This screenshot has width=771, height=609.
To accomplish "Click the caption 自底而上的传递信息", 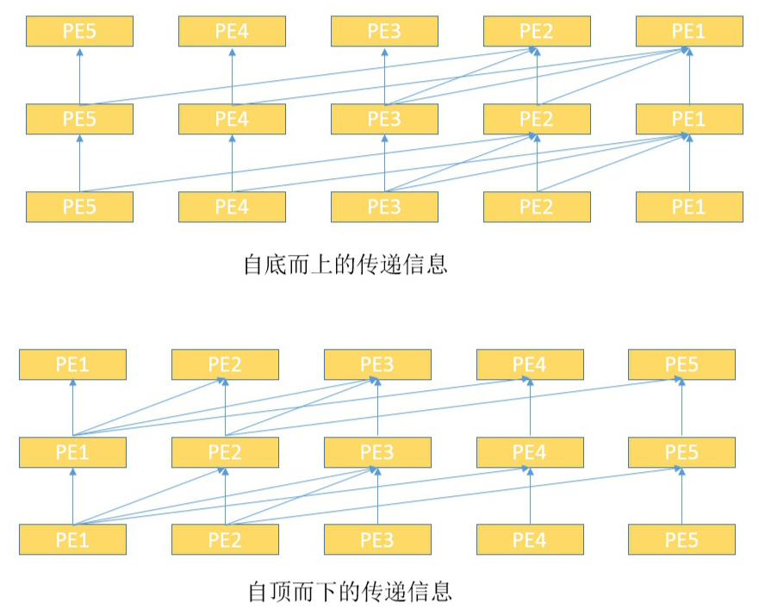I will pos(345,264).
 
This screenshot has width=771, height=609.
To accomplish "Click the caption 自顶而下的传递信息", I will pos(349,592).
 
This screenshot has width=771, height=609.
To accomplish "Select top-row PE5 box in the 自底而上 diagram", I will pos(79,32).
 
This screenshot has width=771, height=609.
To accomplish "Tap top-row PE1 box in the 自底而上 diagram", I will pos(688,32).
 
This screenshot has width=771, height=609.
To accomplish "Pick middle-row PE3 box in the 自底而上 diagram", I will pos(384,119).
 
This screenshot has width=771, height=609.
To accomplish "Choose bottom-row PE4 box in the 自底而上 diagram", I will pos(232,207).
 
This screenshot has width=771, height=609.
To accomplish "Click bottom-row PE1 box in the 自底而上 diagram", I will pos(688,207).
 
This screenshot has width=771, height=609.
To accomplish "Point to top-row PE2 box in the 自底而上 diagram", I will pos(537,32).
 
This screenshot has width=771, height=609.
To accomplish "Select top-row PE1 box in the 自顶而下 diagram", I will pos(72,364).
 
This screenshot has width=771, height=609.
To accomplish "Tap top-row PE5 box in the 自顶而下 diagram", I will pos(681,364).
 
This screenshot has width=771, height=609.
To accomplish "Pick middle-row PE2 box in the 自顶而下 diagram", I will pos(225,452).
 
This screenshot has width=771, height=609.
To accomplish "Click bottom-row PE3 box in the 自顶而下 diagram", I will pos(377,539).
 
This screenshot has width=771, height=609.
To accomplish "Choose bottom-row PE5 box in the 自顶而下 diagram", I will pos(681,539).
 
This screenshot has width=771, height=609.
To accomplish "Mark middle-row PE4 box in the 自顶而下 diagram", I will pos(530,452).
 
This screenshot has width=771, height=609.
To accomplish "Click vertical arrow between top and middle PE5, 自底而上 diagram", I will pos(79,76).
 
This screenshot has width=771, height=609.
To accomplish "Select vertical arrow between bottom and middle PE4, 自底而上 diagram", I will pos(232,164).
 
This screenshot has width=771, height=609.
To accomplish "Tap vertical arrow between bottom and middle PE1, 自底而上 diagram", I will pos(688,164).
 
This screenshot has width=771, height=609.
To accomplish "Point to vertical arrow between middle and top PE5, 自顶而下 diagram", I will pos(681,408).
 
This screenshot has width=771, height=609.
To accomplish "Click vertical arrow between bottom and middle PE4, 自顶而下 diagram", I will pos(530,496).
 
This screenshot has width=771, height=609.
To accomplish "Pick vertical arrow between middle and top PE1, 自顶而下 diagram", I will pos(72,408).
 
